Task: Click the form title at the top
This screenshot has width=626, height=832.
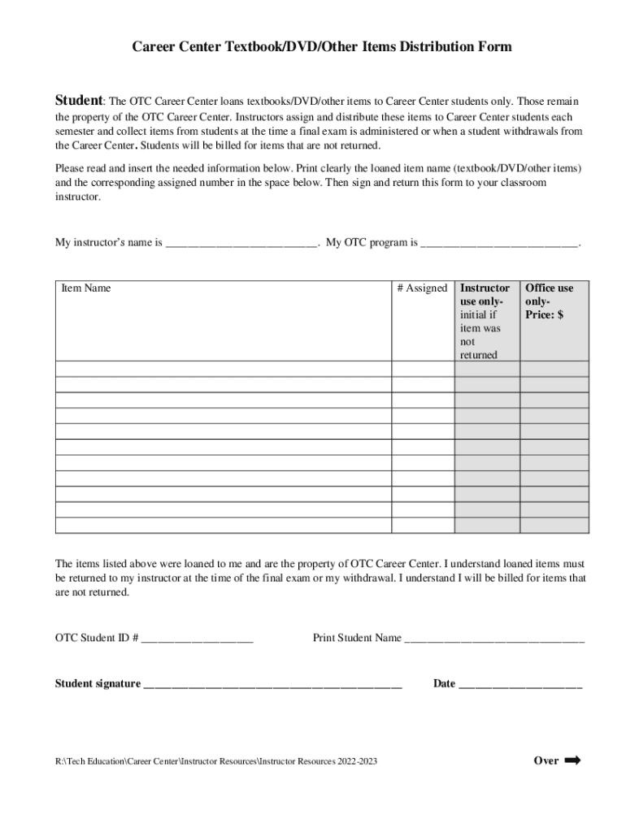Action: point(322,47)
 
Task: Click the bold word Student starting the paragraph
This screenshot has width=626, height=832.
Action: point(78,101)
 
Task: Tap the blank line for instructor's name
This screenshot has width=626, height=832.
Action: point(241,243)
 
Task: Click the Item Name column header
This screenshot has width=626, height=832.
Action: point(86,288)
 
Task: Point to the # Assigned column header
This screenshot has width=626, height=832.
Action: point(422,288)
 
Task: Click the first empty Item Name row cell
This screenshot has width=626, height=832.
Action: point(224,369)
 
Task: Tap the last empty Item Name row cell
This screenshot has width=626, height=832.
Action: point(224,526)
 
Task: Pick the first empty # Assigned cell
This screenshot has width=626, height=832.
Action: point(423,369)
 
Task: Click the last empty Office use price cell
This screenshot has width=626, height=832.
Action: point(554,526)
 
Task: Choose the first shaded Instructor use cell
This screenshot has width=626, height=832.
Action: point(486,369)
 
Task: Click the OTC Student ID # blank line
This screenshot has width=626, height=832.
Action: point(197,639)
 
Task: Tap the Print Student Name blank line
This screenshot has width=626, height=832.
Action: point(494,639)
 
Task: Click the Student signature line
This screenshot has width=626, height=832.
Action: point(272,684)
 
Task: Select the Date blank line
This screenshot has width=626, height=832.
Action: point(520,684)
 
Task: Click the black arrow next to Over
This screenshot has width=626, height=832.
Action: point(572,760)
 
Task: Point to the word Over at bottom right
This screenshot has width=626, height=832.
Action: point(546,761)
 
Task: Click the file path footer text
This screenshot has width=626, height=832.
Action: point(215,762)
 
